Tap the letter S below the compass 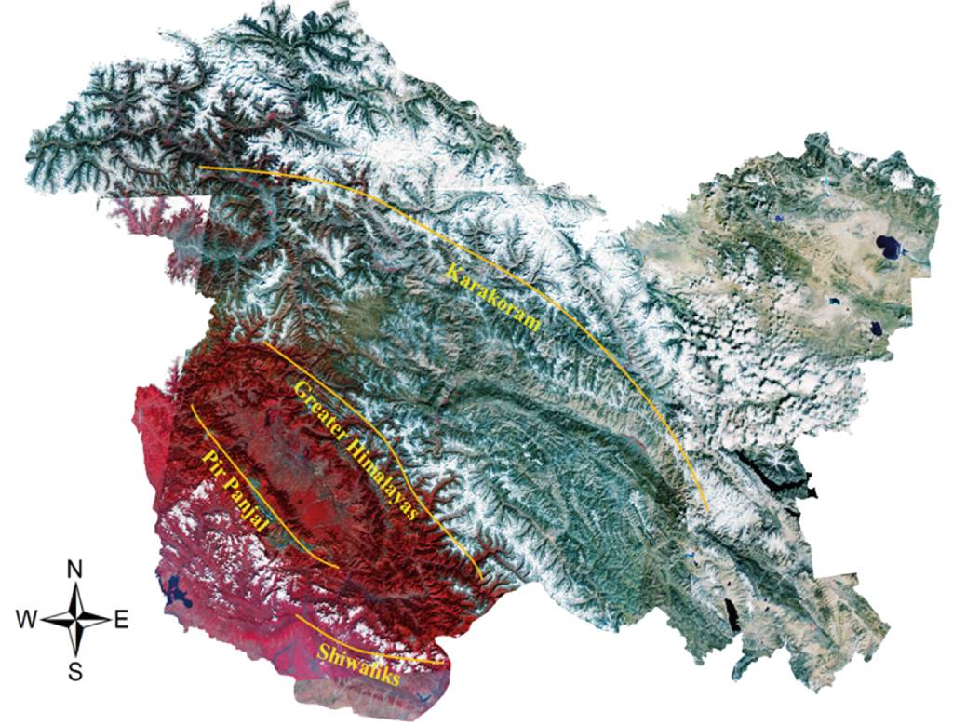click(x=77, y=670)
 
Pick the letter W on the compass click(x=28, y=619)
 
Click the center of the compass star click(x=77, y=619)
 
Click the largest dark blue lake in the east click(x=887, y=248)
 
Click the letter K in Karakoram click(x=451, y=272)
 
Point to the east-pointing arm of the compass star click(x=98, y=619)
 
